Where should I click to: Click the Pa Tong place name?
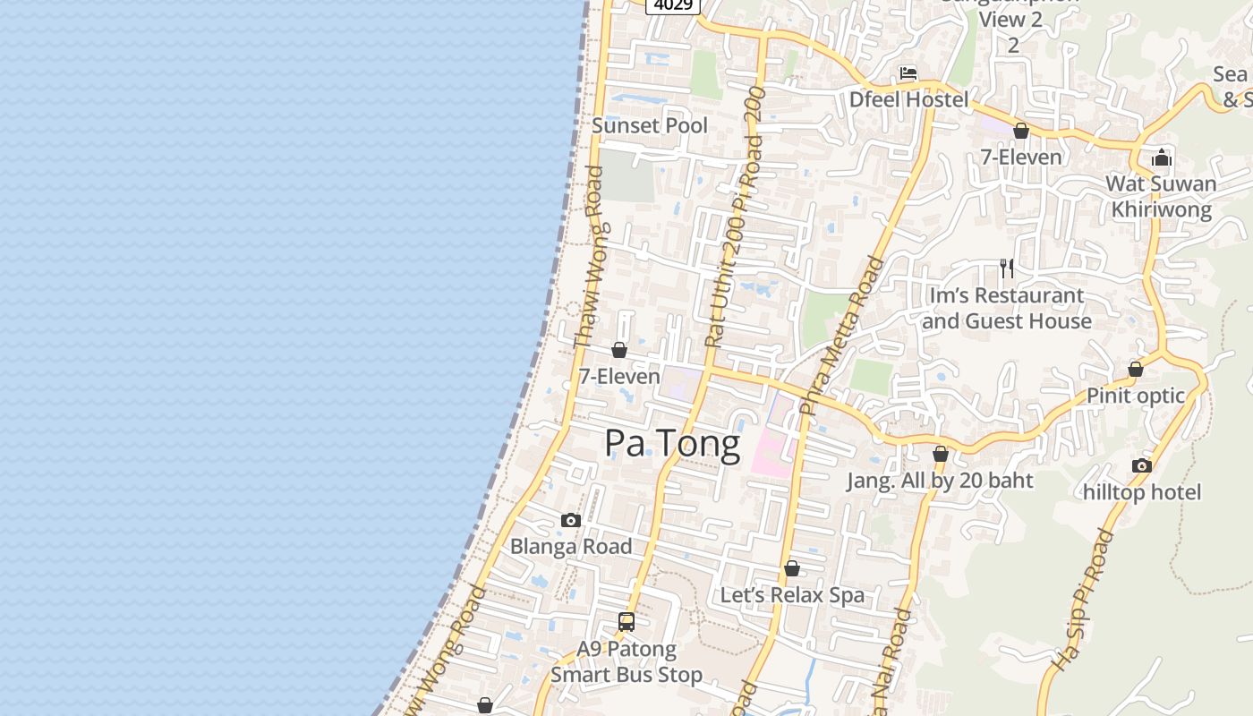672,444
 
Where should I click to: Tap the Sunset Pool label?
650,125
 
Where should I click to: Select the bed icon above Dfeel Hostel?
908,73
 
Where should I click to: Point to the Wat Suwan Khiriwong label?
1161,197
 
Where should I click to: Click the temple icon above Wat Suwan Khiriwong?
1162,158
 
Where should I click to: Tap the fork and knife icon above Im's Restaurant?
1007,268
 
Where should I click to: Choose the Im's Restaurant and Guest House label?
1007,308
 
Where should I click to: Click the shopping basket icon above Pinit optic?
1136,369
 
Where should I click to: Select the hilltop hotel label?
1142,492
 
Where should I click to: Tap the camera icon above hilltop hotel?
1141,465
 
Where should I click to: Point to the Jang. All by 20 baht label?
940,481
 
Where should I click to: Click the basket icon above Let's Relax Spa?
792,568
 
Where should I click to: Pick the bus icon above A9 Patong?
626,621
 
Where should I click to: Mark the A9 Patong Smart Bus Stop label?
626,661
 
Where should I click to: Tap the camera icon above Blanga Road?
570,520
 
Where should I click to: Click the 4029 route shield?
672,5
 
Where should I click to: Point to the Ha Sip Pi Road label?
1082,600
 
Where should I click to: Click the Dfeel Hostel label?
908,99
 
